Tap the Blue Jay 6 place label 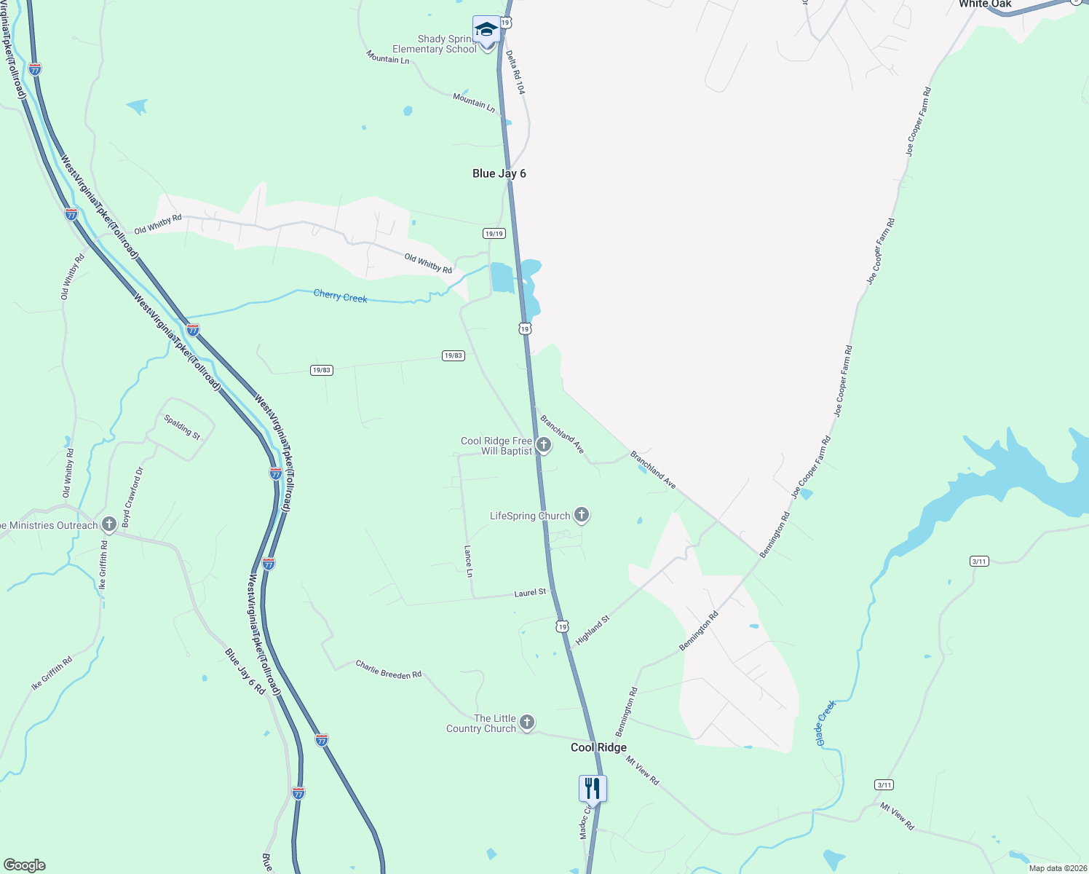[x=499, y=173]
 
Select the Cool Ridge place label [x=598, y=747]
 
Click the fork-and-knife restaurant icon [x=593, y=789]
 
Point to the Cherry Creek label [x=340, y=296]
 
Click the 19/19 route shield [x=494, y=233]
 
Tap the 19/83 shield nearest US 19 [x=453, y=355]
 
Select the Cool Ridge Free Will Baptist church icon [x=543, y=444]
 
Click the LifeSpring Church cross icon [x=581, y=516]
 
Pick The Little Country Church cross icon [x=527, y=723]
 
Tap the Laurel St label [x=530, y=593]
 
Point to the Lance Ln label [x=469, y=561]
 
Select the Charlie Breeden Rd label [x=388, y=669]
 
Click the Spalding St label [x=181, y=427]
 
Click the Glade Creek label [x=825, y=723]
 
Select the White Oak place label [x=984, y=4]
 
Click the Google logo [x=24, y=865]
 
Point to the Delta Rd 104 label [x=515, y=72]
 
